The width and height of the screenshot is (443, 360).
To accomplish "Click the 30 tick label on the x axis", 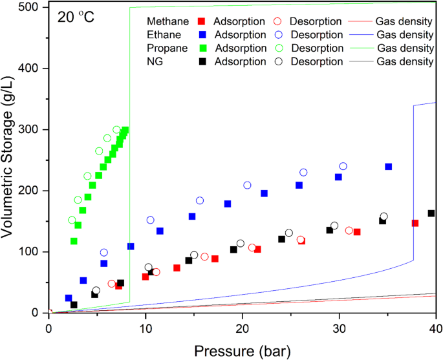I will point(340,326).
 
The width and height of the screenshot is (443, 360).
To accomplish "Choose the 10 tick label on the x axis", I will point(146,326).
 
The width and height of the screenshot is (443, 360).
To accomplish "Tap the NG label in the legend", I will point(155,61).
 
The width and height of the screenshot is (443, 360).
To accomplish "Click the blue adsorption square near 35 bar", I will point(388,167).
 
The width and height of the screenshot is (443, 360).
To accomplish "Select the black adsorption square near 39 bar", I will point(431,213).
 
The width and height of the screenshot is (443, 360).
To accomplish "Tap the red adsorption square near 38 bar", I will point(415,223).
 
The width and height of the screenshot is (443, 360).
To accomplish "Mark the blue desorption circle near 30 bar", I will point(343,167).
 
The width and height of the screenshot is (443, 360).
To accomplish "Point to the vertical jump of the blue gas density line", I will point(413,181).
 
